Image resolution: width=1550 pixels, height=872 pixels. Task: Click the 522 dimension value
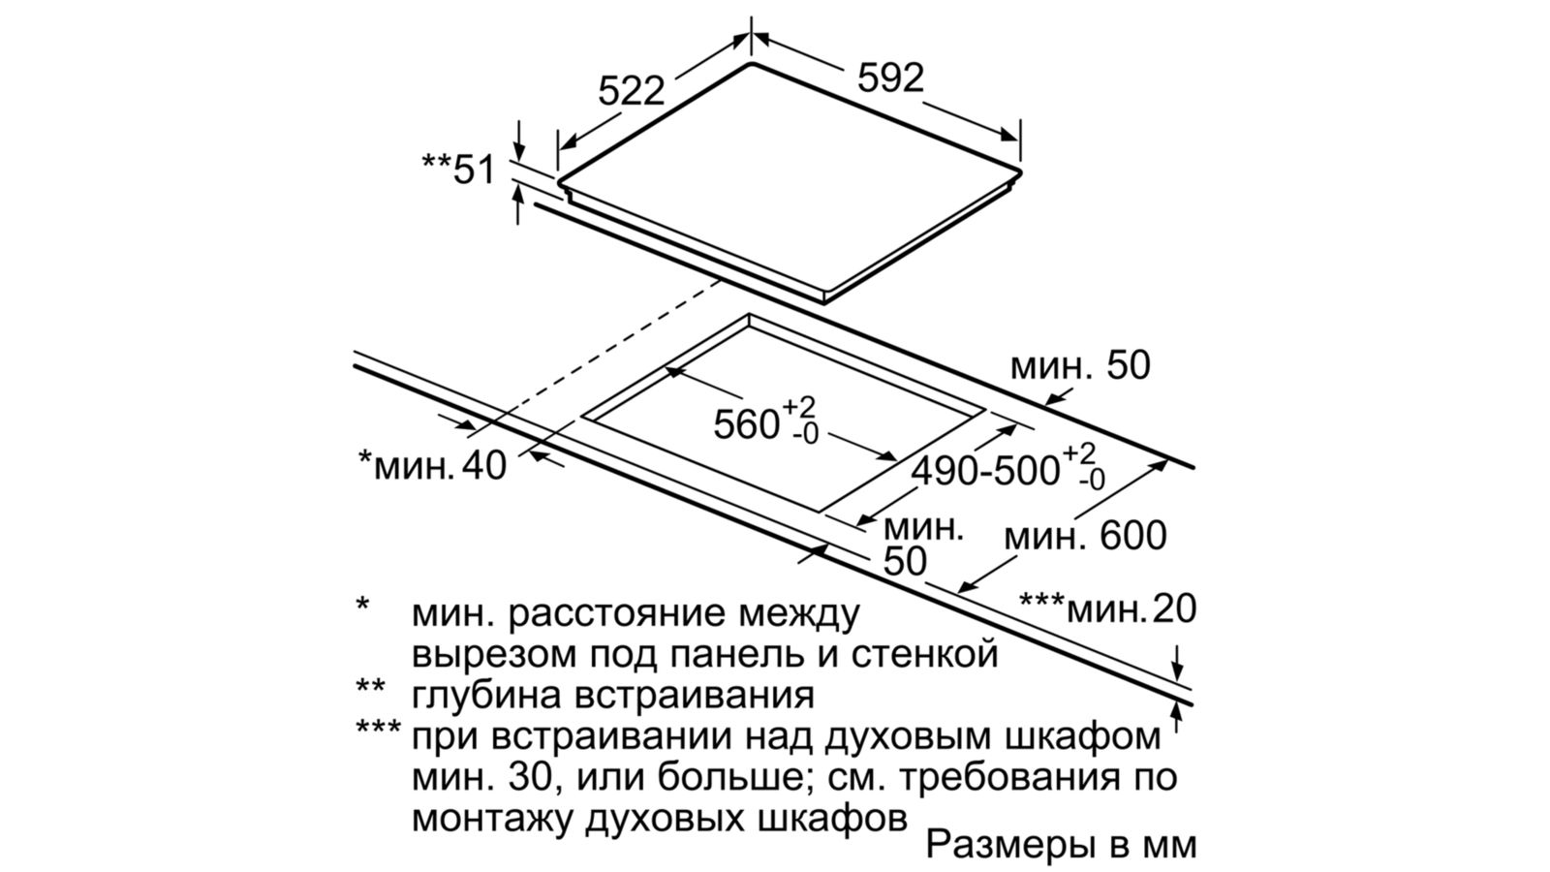pyautogui.click(x=631, y=91)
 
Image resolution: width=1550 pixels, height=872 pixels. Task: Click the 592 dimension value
pyautogui.click(x=890, y=78)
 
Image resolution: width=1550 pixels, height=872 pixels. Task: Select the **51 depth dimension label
pyautogui.click(x=459, y=170)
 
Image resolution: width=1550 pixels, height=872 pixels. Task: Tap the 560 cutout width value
pyautogui.click(x=747, y=424)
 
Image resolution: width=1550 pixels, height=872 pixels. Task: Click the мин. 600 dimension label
pyautogui.click(x=1085, y=536)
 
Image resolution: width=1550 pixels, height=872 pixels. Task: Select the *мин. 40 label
pyautogui.click(x=432, y=465)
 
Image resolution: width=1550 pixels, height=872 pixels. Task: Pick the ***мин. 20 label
pyautogui.click(x=1108, y=609)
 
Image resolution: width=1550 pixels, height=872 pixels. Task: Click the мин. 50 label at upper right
pyautogui.click(x=1080, y=365)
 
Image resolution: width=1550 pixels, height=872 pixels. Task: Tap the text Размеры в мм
pyautogui.click(x=1061, y=844)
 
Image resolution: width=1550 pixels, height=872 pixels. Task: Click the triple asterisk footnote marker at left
pyautogui.click(x=378, y=728)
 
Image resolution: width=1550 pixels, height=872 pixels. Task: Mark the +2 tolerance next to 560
pyautogui.click(x=799, y=407)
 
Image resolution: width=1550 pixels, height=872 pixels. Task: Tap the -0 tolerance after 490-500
pyautogui.click(x=1092, y=480)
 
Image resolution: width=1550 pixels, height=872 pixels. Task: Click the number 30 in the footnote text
pyautogui.click(x=531, y=777)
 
